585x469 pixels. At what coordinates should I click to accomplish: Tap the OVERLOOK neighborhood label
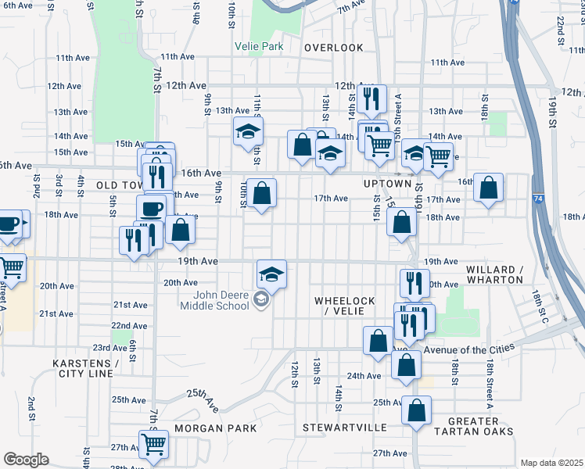(334, 48)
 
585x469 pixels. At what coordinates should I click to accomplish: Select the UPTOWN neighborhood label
(387, 184)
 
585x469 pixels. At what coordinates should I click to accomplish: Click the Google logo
(26, 460)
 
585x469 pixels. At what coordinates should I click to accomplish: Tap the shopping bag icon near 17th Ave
(263, 192)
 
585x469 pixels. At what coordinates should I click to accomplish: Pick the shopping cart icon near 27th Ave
(154, 443)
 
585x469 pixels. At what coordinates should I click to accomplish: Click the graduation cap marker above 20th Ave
(271, 274)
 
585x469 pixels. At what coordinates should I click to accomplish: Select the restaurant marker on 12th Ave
(371, 98)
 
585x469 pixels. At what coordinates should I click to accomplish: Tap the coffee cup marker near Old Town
(152, 209)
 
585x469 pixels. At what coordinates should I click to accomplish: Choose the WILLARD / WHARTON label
(494, 274)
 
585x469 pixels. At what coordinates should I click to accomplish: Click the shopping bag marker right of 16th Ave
(488, 187)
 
